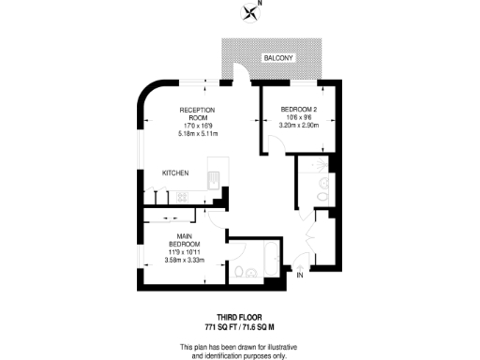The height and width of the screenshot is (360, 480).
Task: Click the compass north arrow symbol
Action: coord(250,12)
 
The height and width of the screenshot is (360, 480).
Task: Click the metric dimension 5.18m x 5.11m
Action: coord(197,134)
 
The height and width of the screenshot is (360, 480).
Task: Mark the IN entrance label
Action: coord(299,275)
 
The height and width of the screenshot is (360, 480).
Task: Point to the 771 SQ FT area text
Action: coord(222,325)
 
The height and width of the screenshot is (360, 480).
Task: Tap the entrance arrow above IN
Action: coord(299,263)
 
